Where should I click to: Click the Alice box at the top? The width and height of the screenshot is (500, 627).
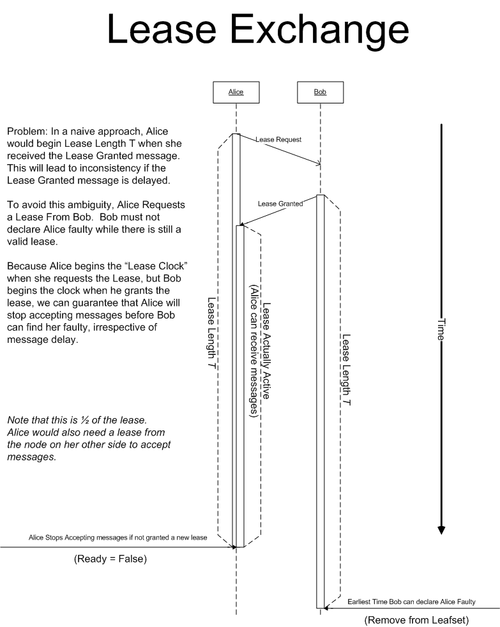236,92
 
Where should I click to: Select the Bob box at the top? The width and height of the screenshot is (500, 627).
320,92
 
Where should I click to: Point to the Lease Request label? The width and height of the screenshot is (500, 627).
278,139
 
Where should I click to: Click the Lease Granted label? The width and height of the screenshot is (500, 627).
280,204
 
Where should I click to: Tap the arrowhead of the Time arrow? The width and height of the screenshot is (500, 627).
441,529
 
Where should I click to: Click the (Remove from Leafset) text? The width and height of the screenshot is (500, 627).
416,620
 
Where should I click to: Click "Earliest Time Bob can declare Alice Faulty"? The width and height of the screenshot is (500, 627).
411,602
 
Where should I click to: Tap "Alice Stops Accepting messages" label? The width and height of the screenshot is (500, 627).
118,538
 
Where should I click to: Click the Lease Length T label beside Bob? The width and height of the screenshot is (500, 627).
346,370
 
